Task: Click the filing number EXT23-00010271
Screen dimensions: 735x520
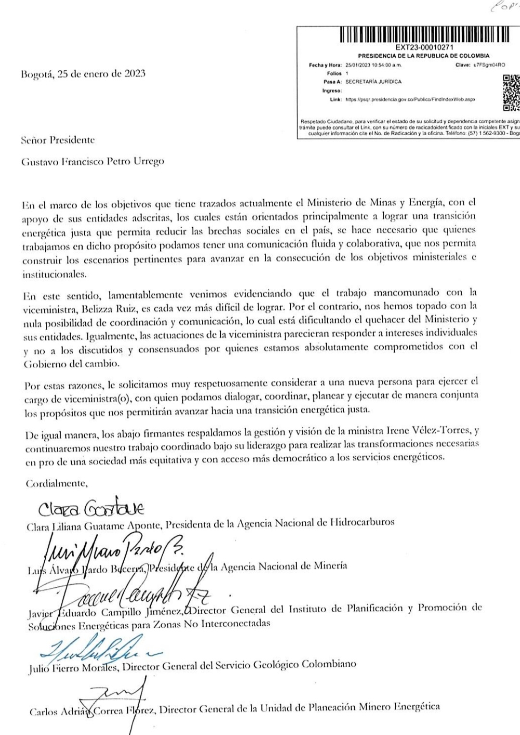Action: (x=424, y=48)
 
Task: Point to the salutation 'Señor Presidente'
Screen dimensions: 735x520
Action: (x=58, y=141)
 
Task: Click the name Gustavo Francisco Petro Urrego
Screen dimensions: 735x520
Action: (x=93, y=161)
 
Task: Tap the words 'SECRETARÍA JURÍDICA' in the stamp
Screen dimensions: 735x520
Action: (x=373, y=82)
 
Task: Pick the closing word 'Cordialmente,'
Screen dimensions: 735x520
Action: (x=56, y=484)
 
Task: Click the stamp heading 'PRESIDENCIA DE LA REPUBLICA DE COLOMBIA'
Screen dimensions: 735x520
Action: (x=424, y=56)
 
